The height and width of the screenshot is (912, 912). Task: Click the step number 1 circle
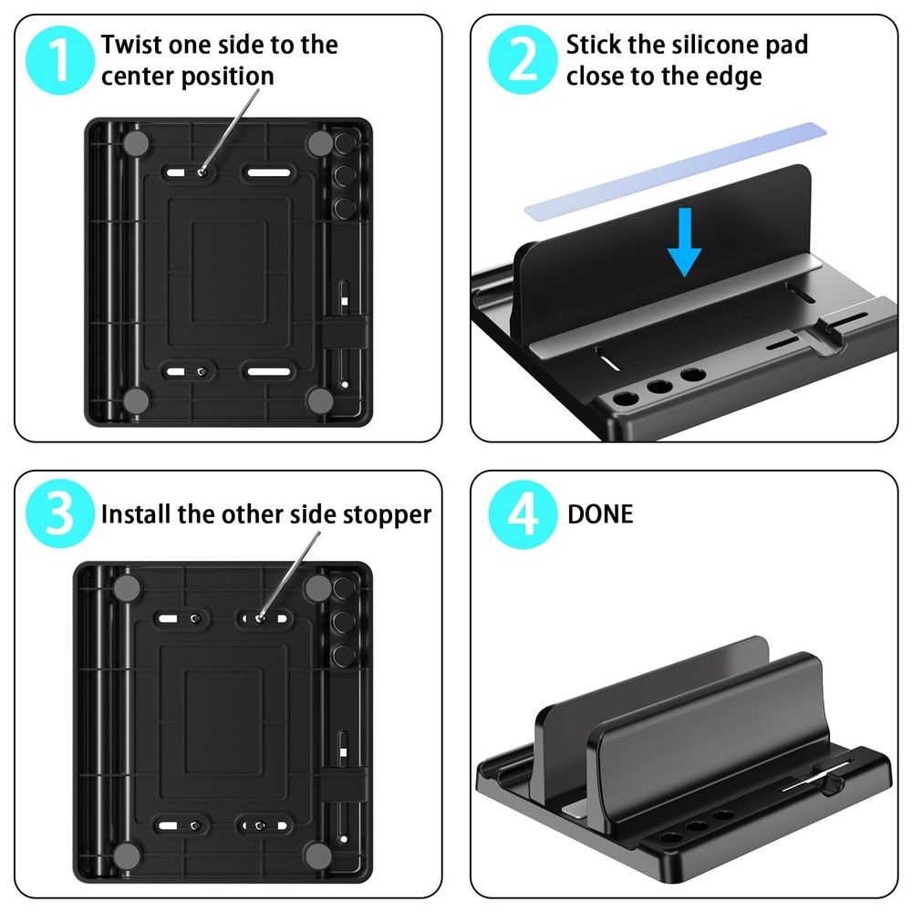[60, 59]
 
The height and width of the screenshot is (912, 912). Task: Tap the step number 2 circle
[523, 59]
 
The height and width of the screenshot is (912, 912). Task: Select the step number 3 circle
[60, 514]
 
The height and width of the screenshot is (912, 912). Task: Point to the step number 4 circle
[523, 514]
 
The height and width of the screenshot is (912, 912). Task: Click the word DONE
[599, 514]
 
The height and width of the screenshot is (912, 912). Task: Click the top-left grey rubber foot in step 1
[137, 142]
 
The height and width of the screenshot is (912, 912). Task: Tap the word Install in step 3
[136, 514]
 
